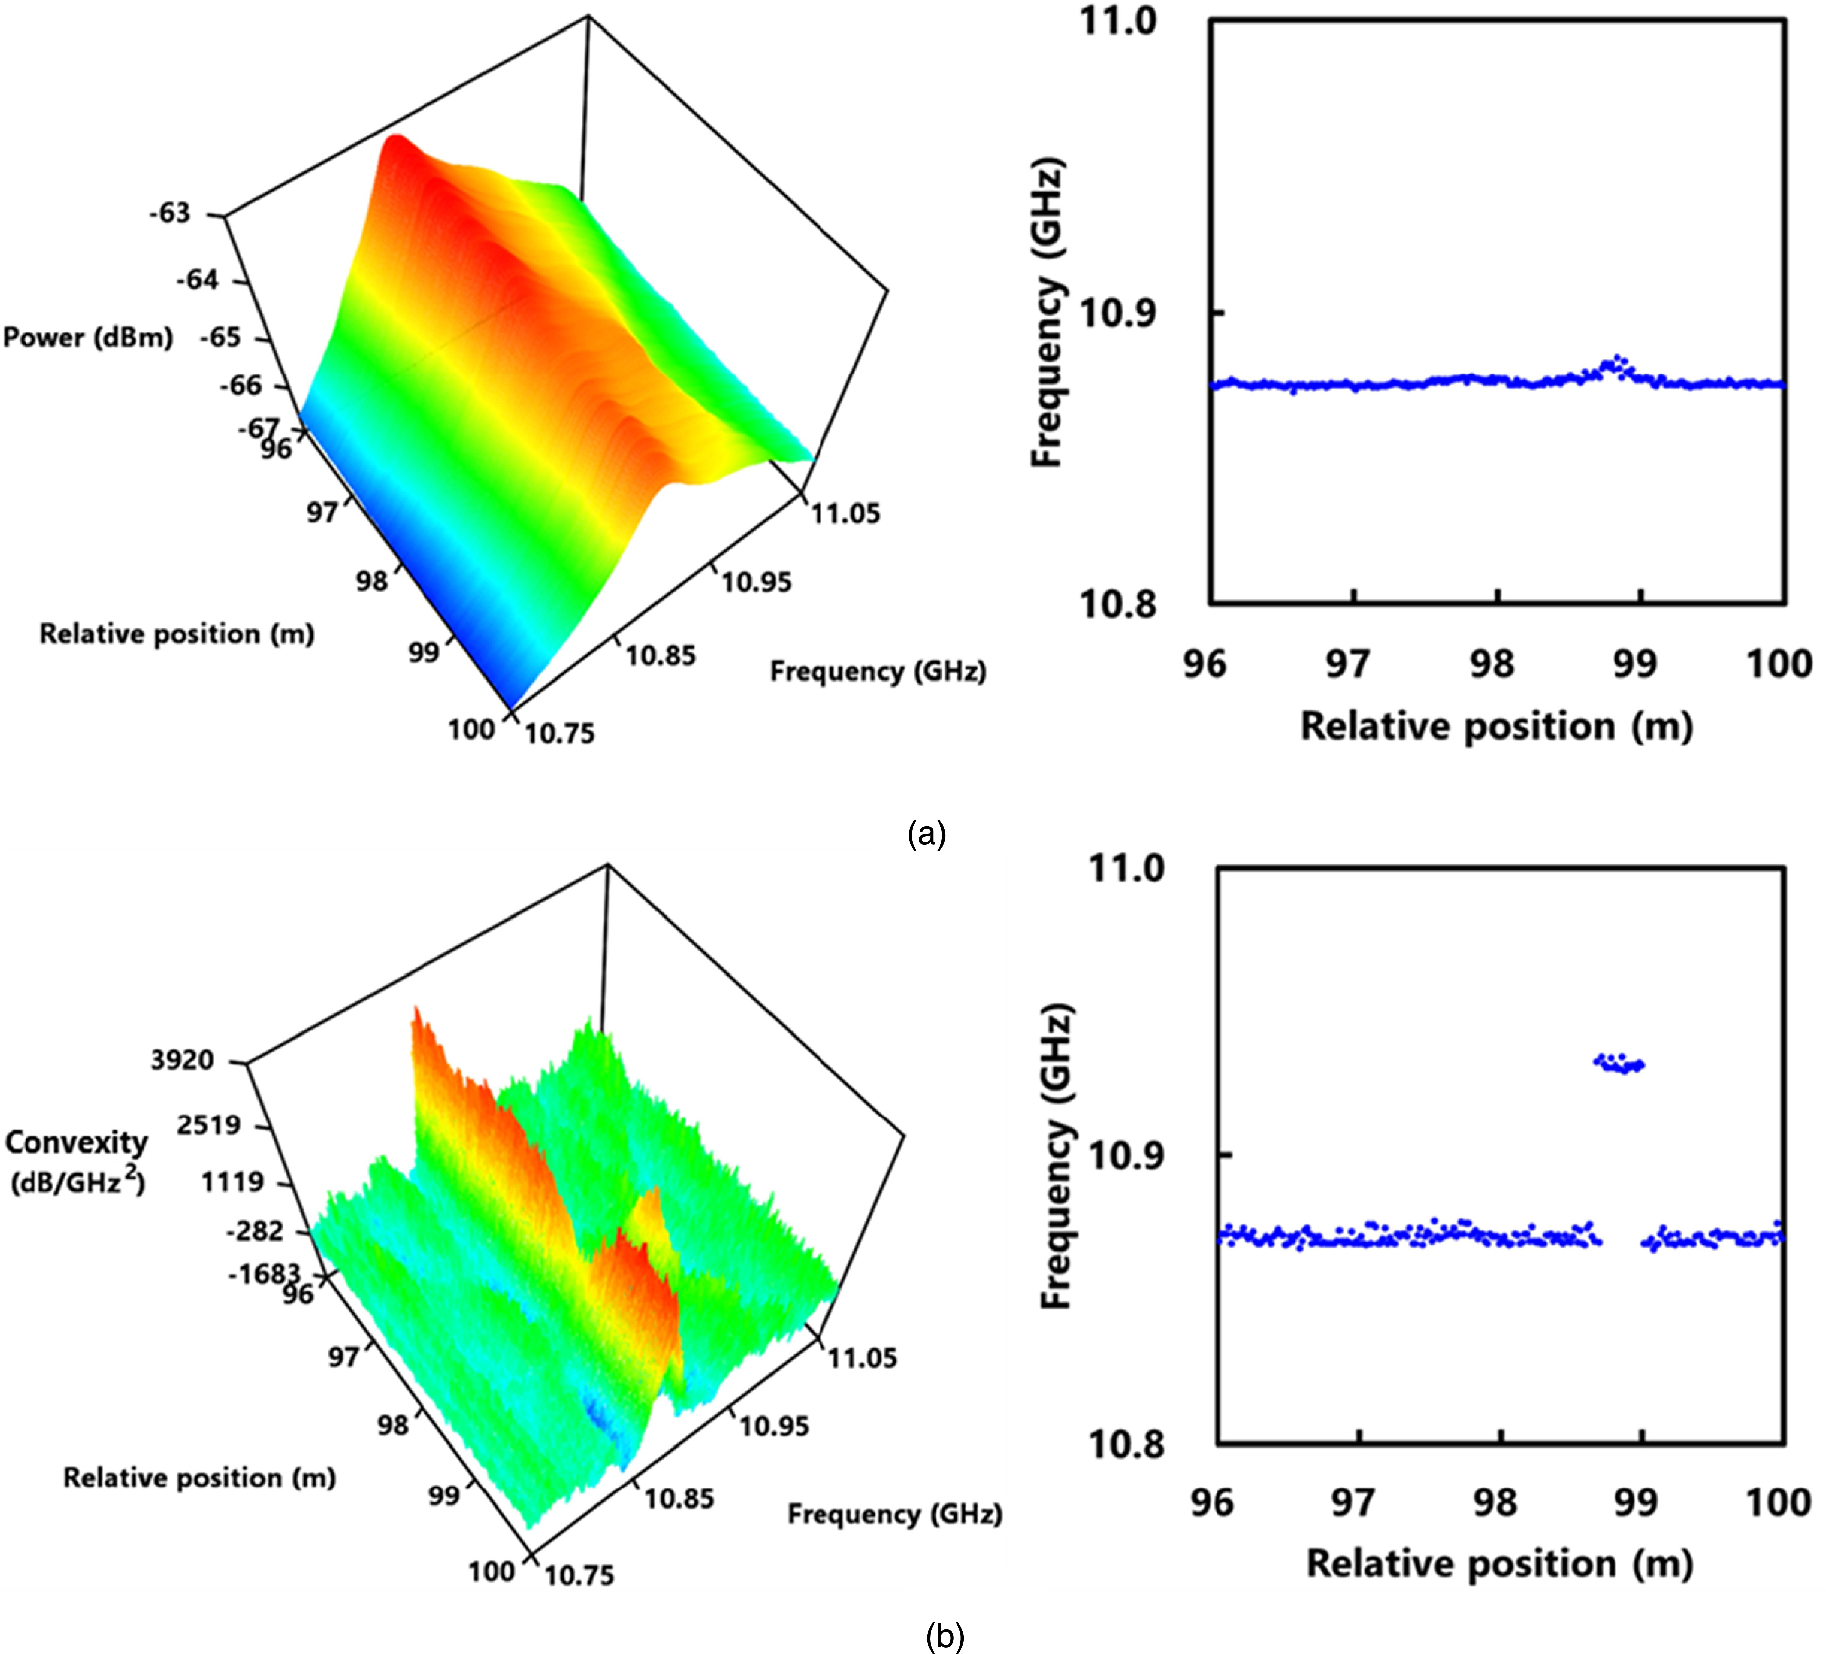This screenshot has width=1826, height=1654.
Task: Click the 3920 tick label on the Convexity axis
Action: pyautogui.click(x=182, y=1060)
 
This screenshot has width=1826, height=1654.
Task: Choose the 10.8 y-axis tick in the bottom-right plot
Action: pyautogui.click(x=1125, y=1444)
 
